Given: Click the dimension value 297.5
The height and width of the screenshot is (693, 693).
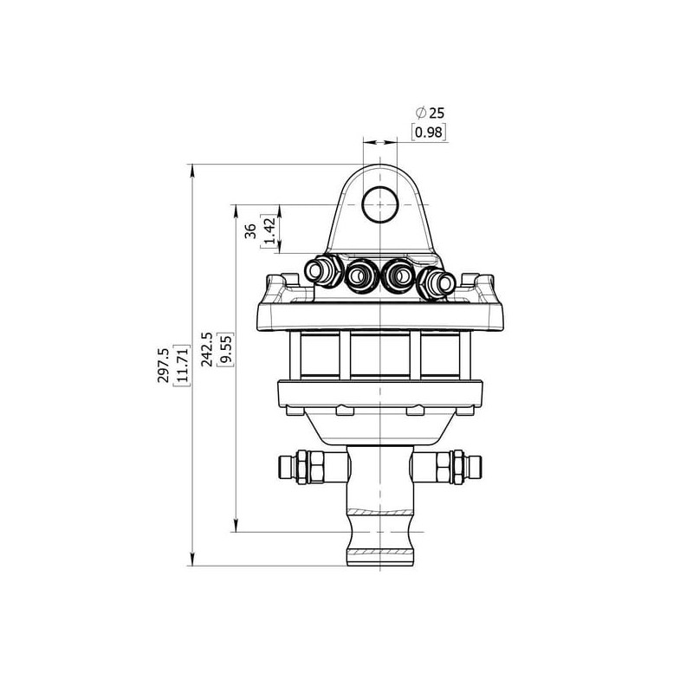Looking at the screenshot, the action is click(164, 365).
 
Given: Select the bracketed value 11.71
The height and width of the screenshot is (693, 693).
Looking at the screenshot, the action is click(182, 365).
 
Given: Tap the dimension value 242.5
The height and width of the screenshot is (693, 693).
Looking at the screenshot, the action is click(207, 349).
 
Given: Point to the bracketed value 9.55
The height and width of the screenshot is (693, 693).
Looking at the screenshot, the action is click(226, 349).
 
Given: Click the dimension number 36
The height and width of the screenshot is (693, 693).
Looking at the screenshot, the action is click(250, 230).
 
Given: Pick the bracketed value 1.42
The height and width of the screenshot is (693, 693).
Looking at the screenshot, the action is click(269, 230).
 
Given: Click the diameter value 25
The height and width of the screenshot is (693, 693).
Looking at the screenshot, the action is click(437, 113).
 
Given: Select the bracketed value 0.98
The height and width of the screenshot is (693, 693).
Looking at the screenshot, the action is click(429, 133).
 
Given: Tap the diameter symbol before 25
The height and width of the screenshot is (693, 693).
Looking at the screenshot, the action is click(421, 113).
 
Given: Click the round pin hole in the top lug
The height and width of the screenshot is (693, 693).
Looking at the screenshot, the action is click(380, 204).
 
